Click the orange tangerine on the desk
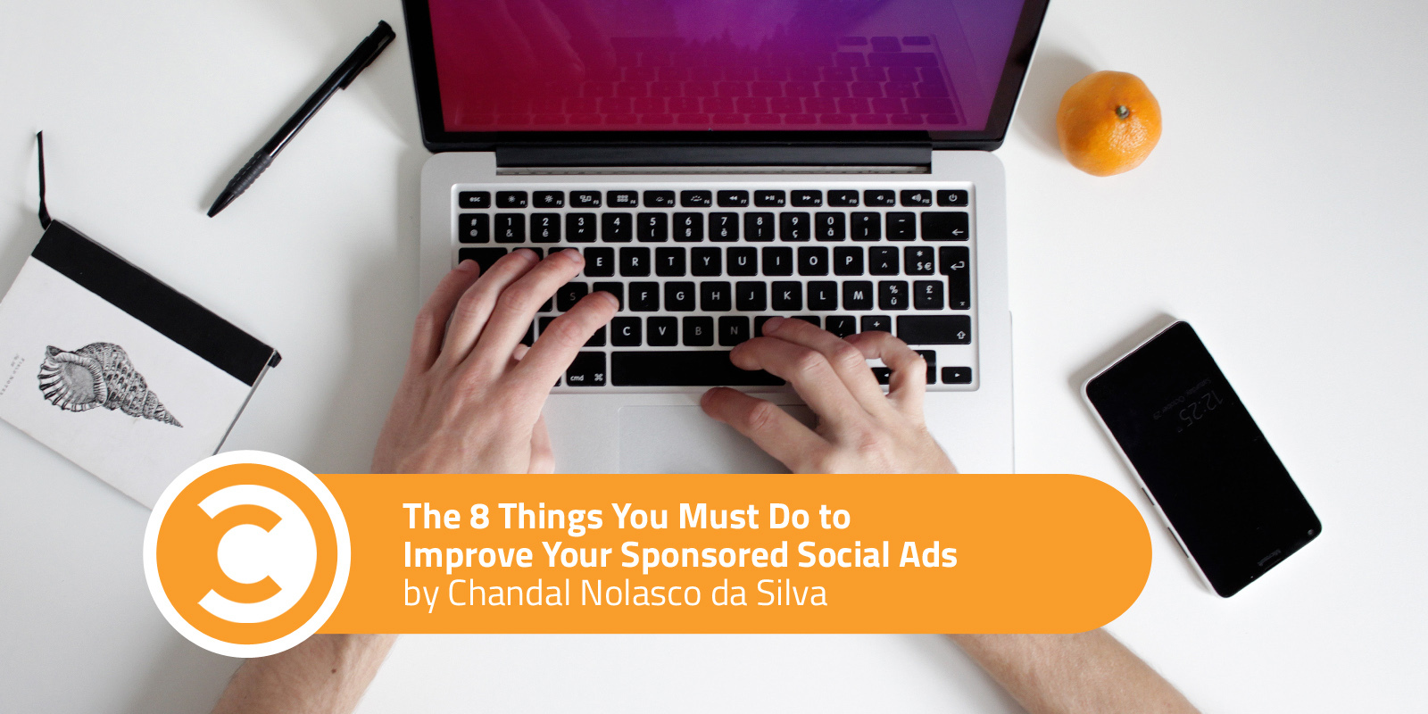1108,123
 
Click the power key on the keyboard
952,197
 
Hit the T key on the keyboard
670,262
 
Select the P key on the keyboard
848,262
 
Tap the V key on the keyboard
661,330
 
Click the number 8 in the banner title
479,518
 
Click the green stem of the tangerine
1121,112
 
